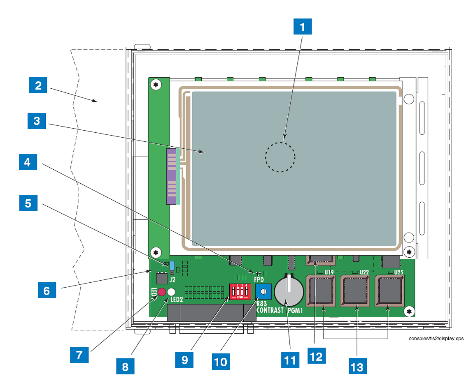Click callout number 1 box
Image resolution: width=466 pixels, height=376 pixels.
(x=303, y=28)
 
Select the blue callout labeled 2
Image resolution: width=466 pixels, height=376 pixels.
(x=38, y=86)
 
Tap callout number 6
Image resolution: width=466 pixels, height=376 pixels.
(x=46, y=291)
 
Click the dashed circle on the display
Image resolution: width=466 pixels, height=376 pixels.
(x=280, y=157)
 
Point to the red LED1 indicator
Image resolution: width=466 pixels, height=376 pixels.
(x=161, y=292)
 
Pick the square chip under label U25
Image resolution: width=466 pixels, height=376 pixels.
(x=389, y=291)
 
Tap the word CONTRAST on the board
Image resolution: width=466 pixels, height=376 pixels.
(x=270, y=310)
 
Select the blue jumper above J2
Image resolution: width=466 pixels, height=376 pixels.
(x=172, y=265)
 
